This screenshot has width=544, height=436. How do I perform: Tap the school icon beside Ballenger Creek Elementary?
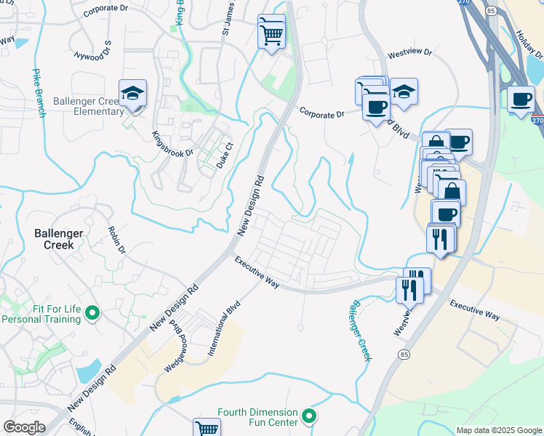(133, 94)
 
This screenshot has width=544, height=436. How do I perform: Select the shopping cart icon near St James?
(272, 32)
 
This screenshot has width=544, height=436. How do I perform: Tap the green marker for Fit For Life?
(92, 314)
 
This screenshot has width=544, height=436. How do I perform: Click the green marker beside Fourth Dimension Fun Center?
(309, 416)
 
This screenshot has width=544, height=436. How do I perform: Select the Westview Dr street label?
(409, 53)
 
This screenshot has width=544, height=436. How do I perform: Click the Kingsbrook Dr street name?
(172, 144)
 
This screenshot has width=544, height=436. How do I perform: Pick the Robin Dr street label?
(116, 238)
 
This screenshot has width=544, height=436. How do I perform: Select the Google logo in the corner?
(24, 427)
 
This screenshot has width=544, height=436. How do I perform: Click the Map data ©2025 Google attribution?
(500, 430)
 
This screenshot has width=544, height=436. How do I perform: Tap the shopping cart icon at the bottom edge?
(207, 429)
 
